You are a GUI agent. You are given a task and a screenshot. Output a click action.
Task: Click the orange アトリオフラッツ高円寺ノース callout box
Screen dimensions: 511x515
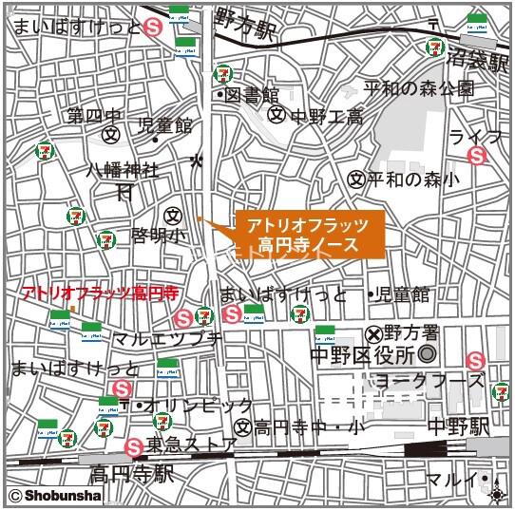pos(309,235)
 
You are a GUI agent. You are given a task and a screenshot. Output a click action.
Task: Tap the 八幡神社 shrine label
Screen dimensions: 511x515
pos(124,170)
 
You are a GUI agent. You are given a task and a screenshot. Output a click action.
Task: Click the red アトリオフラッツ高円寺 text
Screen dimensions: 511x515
pos(99,291)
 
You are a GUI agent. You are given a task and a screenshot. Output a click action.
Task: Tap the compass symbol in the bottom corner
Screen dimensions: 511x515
pos(498,494)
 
